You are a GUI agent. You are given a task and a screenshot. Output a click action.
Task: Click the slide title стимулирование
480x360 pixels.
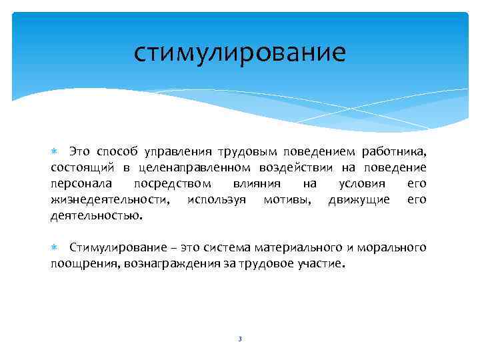point(239,52)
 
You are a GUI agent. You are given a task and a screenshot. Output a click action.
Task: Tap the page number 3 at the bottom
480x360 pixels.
point(239,339)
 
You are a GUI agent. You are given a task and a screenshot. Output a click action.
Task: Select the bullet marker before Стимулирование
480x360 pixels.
point(55,248)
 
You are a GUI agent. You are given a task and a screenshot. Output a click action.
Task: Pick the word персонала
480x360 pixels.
point(80,183)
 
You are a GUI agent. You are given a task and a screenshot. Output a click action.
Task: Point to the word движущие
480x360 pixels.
point(359,199)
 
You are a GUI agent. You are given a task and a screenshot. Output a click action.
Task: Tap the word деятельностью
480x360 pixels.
point(96,215)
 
